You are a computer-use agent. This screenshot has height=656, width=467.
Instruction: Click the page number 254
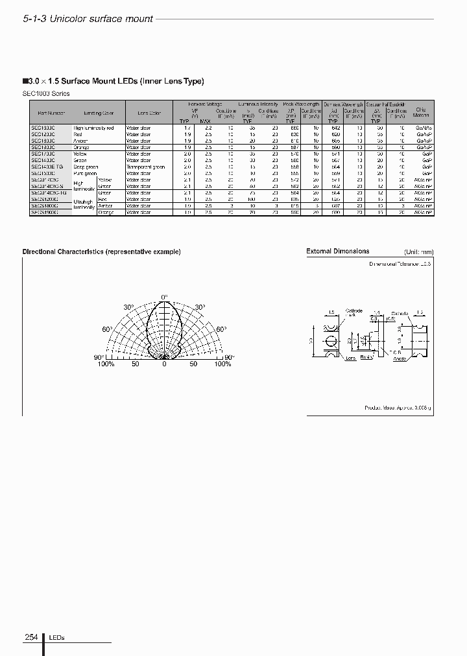(x=30, y=637)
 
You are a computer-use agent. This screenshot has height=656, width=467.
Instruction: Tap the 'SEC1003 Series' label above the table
(x=46, y=93)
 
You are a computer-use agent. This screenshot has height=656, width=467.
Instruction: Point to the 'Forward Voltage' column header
(x=204, y=104)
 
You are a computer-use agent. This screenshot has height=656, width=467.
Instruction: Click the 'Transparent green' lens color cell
(x=145, y=167)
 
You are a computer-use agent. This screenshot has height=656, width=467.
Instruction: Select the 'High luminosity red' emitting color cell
(x=93, y=128)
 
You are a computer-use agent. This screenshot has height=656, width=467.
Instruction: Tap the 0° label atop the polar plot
(x=164, y=296)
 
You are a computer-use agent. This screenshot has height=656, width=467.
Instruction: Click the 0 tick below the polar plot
(x=164, y=364)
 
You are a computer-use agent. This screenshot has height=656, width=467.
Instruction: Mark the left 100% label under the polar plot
(x=106, y=364)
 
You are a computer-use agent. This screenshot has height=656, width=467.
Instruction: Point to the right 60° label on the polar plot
(x=221, y=330)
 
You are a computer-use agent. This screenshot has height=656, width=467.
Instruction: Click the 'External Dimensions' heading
(x=337, y=252)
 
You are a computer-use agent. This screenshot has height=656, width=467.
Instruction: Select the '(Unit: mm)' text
(x=418, y=252)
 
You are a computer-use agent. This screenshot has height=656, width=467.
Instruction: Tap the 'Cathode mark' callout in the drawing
(x=353, y=312)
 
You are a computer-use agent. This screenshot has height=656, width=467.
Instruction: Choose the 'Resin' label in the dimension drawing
(x=366, y=357)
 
